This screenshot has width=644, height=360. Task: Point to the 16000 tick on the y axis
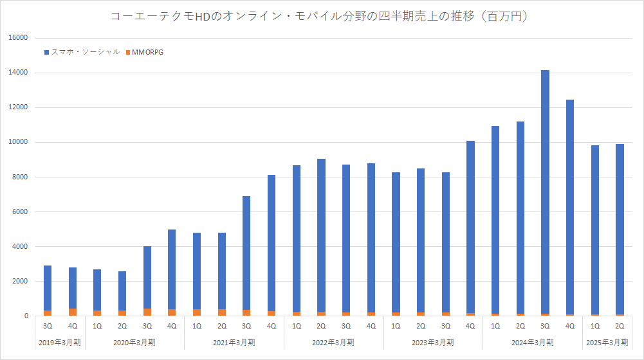18,38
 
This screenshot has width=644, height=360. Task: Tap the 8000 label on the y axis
19,177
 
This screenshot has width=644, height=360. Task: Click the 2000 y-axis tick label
19,281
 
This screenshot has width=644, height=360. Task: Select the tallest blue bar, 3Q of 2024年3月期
545,193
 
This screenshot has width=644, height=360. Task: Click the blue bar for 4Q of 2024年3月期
570,206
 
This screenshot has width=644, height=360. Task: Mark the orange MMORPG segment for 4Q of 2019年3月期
73,312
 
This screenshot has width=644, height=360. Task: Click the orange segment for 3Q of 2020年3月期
147,312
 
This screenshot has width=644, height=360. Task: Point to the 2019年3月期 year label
60,341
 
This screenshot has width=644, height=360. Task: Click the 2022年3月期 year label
334,341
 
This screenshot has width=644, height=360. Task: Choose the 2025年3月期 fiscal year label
607,341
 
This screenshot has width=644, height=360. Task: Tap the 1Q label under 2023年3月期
396,326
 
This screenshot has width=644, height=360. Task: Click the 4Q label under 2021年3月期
271,326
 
